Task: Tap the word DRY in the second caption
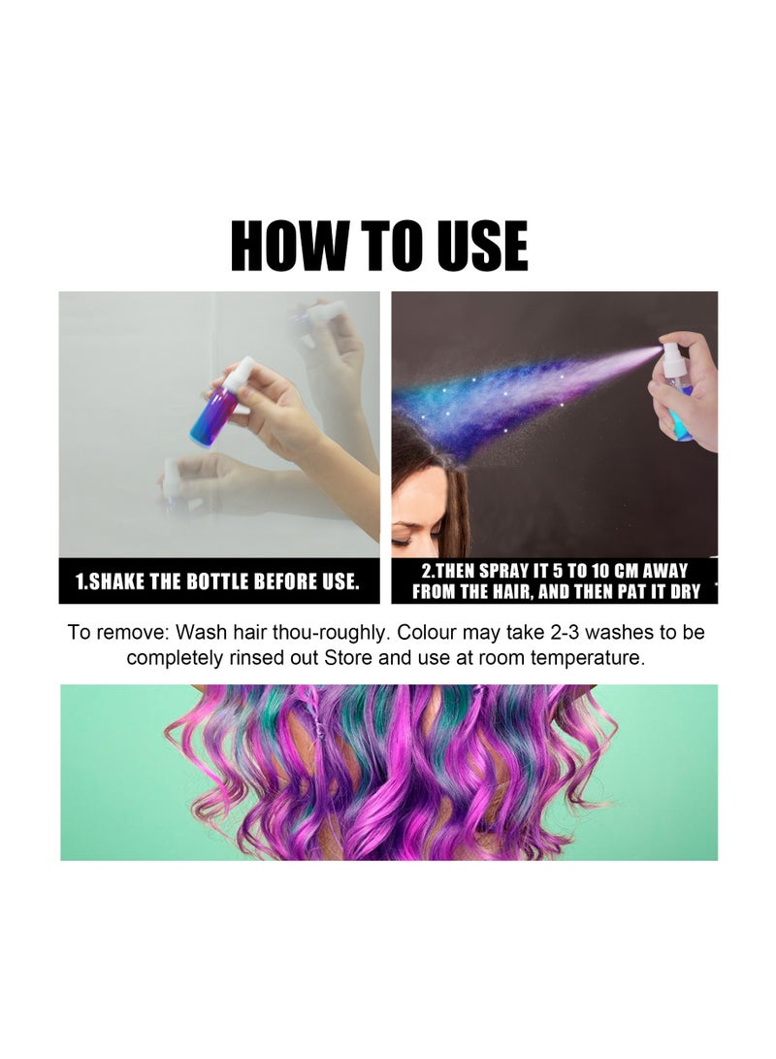[x=683, y=591]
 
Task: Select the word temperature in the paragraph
[x=588, y=657]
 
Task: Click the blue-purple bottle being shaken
[x=215, y=413]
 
